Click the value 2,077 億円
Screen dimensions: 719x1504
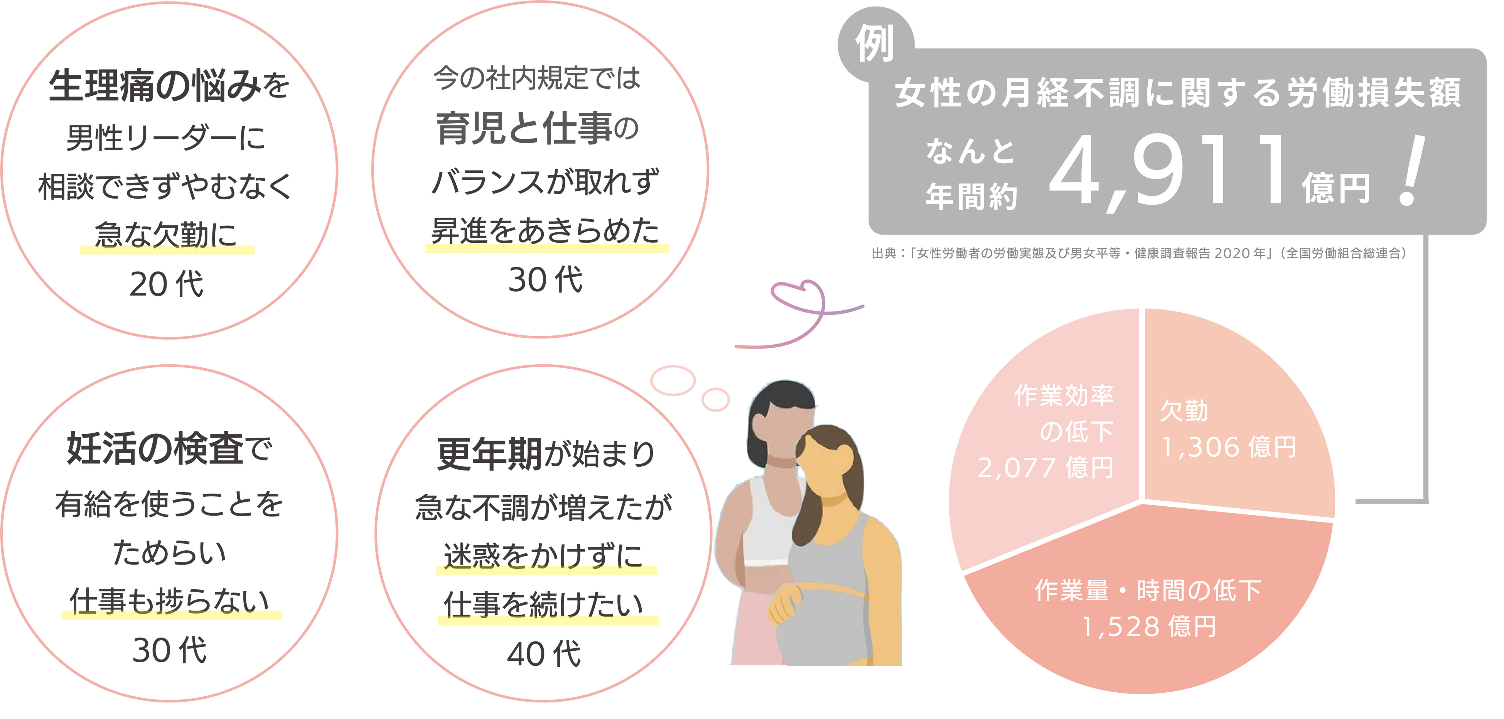tap(1045, 468)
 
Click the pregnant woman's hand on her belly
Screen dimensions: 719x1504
tap(785, 607)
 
